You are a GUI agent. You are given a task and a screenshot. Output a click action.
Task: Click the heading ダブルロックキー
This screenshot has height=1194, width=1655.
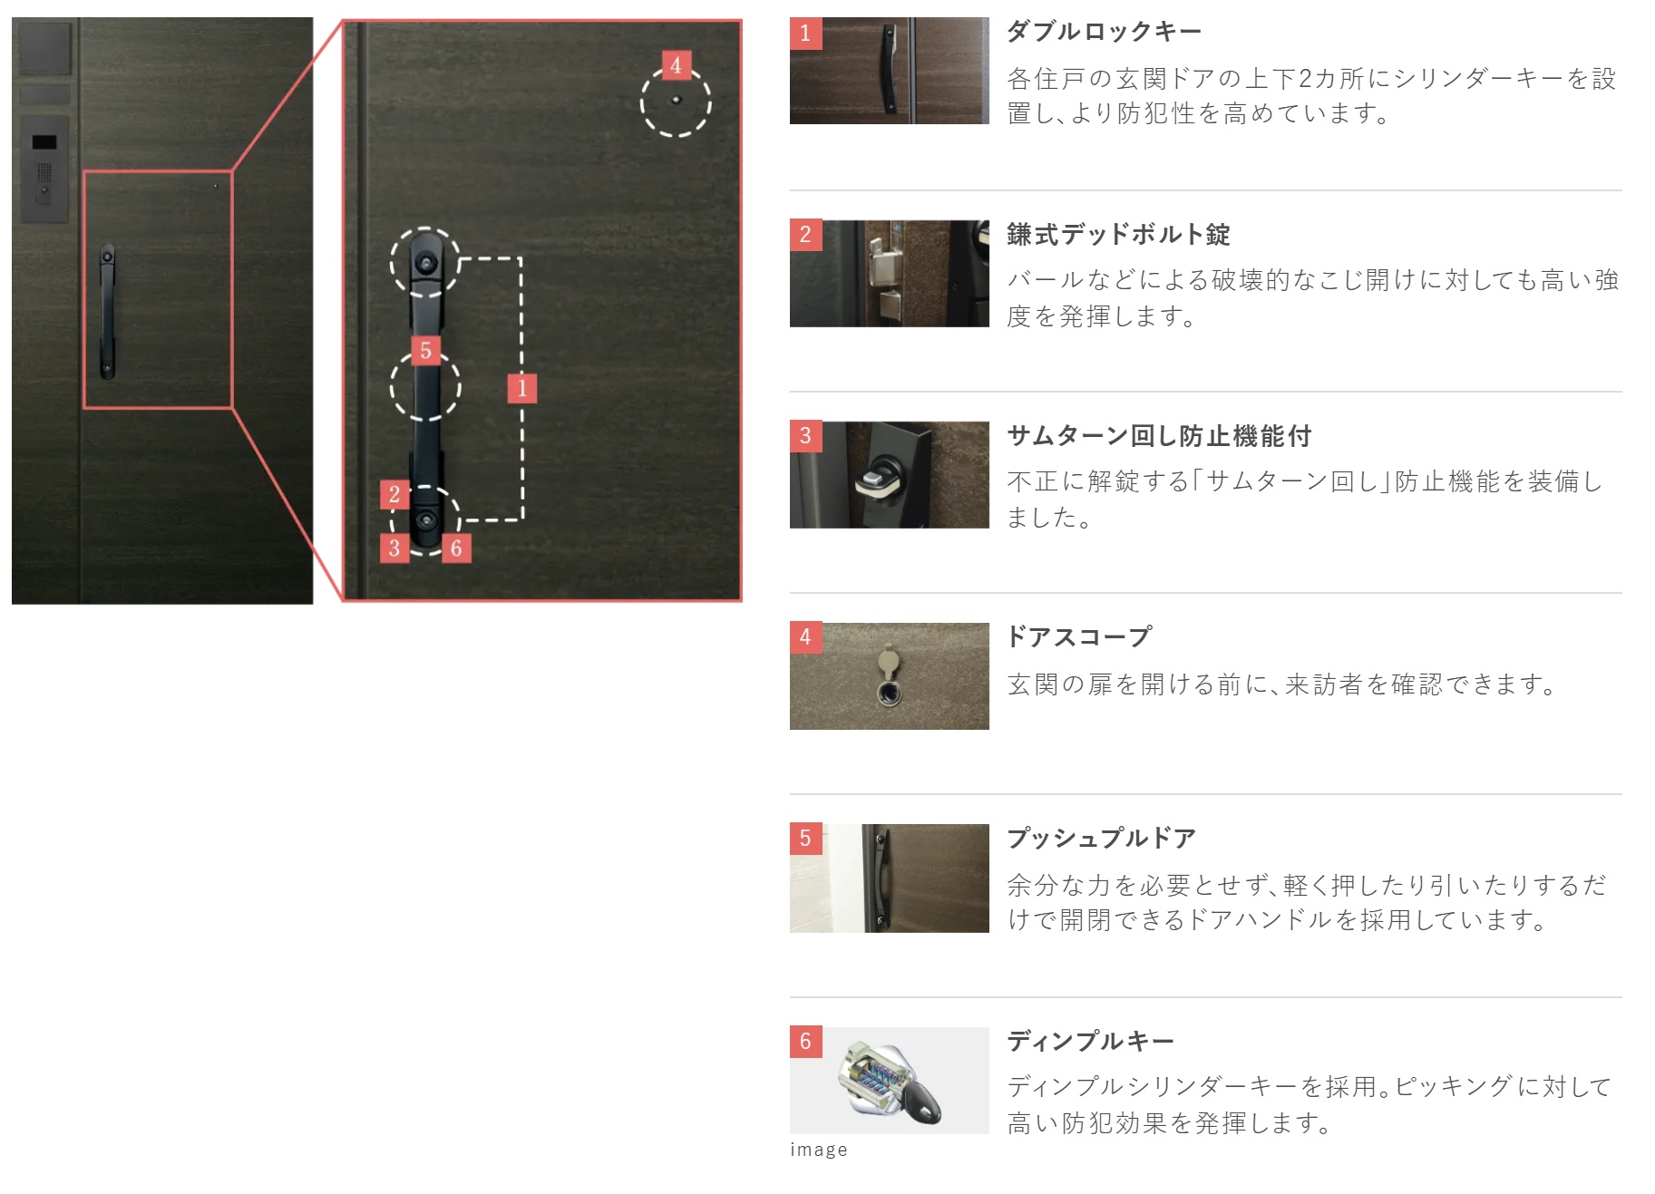click(x=1104, y=32)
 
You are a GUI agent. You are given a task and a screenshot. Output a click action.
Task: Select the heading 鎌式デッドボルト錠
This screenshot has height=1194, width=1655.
click(x=1118, y=235)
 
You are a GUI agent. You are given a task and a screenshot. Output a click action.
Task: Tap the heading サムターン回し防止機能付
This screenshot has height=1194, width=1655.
click(x=1159, y=436)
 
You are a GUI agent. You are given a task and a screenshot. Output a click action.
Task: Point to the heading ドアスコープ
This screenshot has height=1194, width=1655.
click(x=1079, y=636)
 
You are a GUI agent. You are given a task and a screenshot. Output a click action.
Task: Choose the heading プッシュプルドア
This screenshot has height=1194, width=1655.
click(x=1101, y=838)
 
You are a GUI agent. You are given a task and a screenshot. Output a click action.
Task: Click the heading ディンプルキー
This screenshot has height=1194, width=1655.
click(x=1090, y=1041)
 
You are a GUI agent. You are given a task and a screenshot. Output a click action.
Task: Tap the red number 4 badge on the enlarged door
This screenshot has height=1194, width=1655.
click(x=676, y=65)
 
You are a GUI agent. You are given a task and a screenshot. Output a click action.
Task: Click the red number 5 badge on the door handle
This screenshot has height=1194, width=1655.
click(x=425, y=351)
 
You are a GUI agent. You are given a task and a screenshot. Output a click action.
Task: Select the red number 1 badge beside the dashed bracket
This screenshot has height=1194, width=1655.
click(x=521, y=388)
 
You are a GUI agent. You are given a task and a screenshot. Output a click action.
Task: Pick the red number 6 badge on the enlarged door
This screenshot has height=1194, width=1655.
click(x=456, y=548)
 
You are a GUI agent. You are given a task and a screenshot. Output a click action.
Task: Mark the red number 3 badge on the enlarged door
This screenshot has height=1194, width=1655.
click(x=394, y=548)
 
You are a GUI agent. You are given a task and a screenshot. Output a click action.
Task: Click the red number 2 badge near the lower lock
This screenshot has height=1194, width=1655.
click(x=394, y=494)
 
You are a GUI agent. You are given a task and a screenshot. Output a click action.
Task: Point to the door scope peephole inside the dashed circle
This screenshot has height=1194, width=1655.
click(x=676, y=100)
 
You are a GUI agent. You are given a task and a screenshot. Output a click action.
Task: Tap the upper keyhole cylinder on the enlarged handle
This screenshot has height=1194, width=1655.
click(x=425, y=264)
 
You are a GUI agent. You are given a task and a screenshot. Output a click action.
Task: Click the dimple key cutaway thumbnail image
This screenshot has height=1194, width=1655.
click(x=890, y=1081)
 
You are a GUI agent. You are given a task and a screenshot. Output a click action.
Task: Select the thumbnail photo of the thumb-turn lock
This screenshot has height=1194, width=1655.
click(x=890, y=475)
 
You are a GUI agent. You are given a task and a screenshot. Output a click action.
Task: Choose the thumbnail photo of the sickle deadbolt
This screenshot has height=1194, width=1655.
click(x=890, y=274)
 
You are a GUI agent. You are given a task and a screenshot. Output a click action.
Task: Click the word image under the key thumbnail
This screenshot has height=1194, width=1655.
click(x=819, y=1150)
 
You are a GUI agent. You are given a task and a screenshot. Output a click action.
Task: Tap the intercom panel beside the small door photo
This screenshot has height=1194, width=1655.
click(x=44, y=170)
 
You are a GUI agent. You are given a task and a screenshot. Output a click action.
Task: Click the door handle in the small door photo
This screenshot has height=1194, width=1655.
click(x=107, y=311)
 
